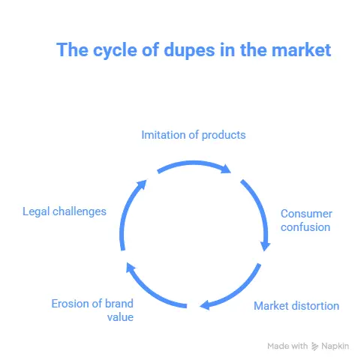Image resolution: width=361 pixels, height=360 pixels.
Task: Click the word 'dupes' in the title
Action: pos(189,51)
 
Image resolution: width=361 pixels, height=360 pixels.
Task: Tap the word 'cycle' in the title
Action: pos(115,51)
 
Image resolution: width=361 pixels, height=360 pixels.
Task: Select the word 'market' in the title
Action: pos(302,50)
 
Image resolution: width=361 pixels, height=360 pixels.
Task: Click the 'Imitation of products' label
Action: pos(194,135)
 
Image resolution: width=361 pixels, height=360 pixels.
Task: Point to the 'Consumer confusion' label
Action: pos(306,220)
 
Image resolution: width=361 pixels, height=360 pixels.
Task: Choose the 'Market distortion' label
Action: pos(296,306)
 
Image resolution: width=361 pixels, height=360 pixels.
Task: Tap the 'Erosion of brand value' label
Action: pos(92,310)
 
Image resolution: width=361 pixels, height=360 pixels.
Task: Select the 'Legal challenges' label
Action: pos(65,211)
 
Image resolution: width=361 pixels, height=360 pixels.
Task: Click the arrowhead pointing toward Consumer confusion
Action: pos(265,246)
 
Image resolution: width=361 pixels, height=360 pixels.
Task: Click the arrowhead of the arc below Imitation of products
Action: pos(226,169)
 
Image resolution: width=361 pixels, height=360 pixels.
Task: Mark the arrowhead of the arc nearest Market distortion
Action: pos(205,305)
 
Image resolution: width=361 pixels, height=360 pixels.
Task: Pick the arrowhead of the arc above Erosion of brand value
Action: pos(131,268)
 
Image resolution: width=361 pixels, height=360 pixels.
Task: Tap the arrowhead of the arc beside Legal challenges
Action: pos(142,184)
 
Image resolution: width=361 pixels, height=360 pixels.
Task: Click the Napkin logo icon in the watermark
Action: pos(314,346)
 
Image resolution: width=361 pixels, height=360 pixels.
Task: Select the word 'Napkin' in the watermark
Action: pos(335,346)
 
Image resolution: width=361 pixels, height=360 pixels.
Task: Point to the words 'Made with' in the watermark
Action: pos(287,346)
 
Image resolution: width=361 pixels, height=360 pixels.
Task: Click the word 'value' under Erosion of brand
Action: pos(120,317)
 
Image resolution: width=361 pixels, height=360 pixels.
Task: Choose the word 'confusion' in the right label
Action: pos(305,227)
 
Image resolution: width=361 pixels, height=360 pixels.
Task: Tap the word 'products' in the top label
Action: pos(224,136)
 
